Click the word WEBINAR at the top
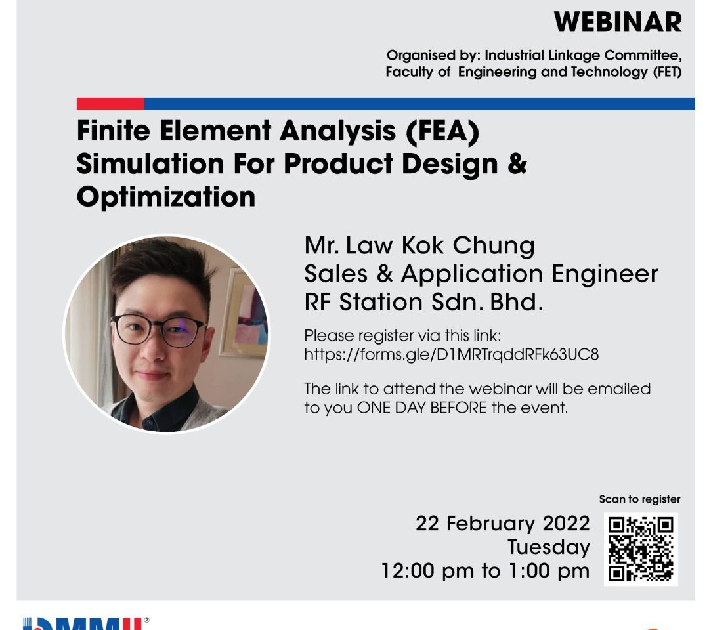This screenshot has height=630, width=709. click(x=618, y=22)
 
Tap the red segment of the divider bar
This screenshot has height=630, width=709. click(x=110, y=104)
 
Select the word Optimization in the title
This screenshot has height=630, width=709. click(x=166, y=197)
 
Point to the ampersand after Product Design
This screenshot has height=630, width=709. click(x=517, y=163)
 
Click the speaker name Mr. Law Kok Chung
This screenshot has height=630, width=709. click(x=419, y=245)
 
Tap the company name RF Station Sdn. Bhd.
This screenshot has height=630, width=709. click(x=423, y=302)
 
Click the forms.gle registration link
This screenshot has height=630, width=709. click(x=451, y=355)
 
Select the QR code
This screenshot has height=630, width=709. click(x=641, y=549)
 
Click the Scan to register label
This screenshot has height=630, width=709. click(x=639, y=499)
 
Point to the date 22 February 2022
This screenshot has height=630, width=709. click(x=503, y=524)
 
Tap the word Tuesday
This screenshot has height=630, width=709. click(x=548, y=547)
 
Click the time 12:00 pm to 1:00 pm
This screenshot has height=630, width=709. click(x=486, y=571)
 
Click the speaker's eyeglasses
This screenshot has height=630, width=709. click(x=158, y=329)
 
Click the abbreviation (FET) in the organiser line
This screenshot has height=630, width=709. click(x=667, y=72)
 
